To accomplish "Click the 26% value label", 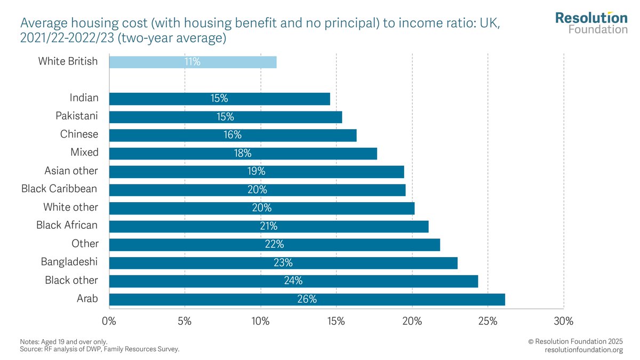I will coord(307,299).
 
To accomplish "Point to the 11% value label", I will coord(193,62).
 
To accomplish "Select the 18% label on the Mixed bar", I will coord(243,154).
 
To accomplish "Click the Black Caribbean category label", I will coord(59,189).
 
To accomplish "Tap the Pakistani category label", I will coord(77,116).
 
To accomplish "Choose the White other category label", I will coord(70,207).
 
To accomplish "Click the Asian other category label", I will coord(71,171).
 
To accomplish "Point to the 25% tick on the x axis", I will coord(488,322).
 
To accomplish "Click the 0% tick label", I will coord(109,322).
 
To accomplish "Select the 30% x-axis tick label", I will coord(564,322).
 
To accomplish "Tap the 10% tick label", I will coord(260,322).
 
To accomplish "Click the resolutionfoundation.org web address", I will coord(583,350).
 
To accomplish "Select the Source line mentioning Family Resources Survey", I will coord(99,349).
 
